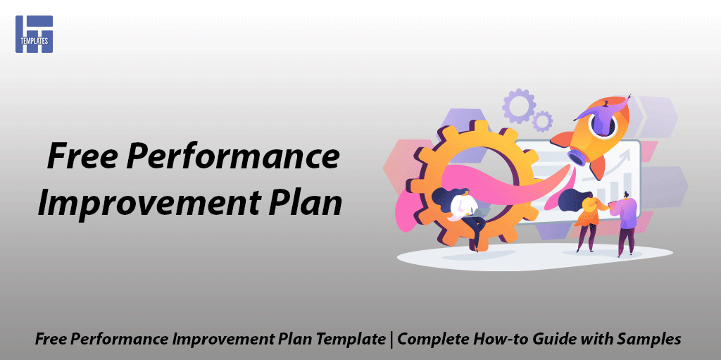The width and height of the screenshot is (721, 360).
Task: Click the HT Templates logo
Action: (x=34, y=34)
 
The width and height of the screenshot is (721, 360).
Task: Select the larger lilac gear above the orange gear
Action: (x=519, y=106)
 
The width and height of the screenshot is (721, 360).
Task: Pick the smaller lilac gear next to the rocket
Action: (x=542, y=122)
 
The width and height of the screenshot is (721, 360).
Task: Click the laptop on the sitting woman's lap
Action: (x=480, y=213)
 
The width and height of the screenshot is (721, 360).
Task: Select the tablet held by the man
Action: (x=612, y=203)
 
